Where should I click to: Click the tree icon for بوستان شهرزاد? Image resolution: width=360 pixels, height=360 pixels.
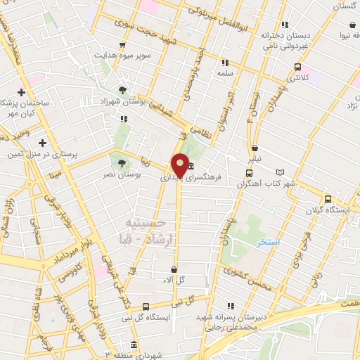(123, 90)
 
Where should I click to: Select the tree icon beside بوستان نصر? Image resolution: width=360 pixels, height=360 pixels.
(122, 162)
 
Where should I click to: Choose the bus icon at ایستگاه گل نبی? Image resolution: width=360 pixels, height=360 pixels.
(146, 307)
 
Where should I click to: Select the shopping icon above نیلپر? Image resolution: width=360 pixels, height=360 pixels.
(254, 148)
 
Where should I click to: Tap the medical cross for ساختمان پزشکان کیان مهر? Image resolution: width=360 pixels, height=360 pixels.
(22, 92)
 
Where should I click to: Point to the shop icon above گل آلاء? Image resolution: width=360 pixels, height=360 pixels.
(174, 269)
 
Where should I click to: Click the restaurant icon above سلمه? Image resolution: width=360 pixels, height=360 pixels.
(225, 63)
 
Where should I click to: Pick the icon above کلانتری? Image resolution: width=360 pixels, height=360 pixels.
(297, 67)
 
